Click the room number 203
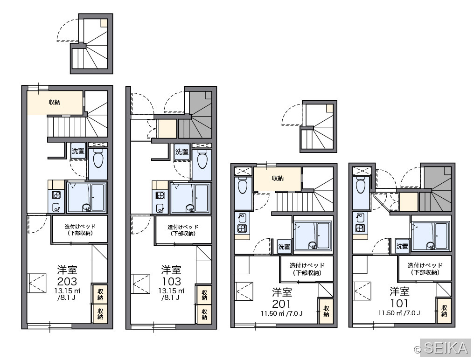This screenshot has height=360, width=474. click(67, 281)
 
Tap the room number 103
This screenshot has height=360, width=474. click(171, 281)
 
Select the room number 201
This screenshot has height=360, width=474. click(281, 304)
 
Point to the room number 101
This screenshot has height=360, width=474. click(399, 303)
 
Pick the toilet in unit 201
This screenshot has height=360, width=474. click(243, 185)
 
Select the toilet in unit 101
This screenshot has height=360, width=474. click(361, 185)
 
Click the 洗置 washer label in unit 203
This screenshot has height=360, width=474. click(78, 151)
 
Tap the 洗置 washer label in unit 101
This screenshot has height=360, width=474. click(402, 247)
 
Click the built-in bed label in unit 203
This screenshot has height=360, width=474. click(80, 229)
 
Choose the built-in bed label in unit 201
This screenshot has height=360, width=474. click(307, 269)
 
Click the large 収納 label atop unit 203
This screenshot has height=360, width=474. click(55, 102)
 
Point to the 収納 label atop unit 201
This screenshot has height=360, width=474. click(278, 178)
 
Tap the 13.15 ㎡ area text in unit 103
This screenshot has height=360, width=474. click(171, 291)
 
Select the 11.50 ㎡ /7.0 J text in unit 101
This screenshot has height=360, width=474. click(399, 313)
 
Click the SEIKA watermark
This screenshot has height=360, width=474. click(442, 348)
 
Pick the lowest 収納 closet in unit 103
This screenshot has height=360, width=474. click(204, 314)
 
